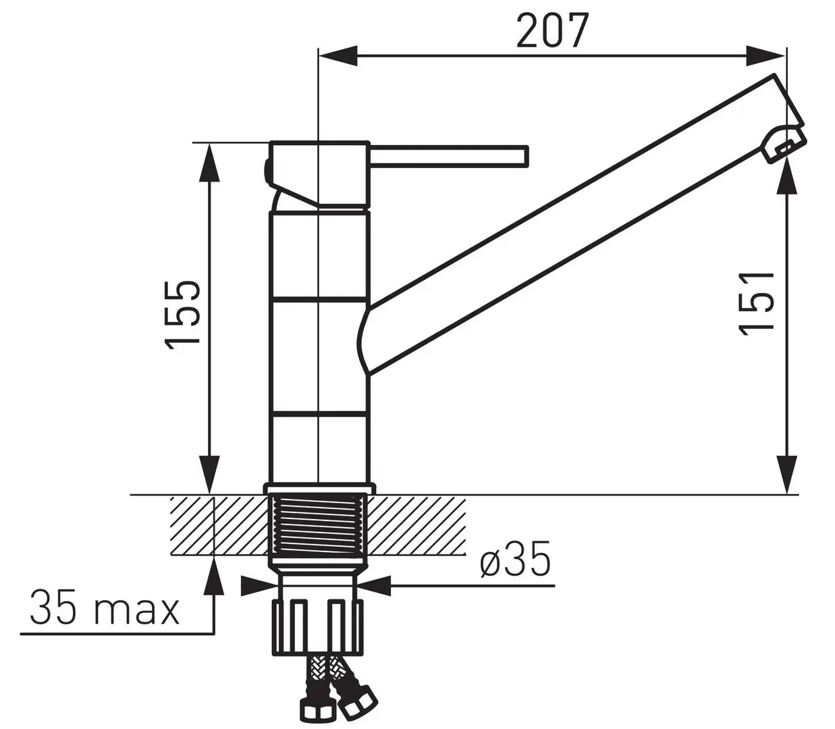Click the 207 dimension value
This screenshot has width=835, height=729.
552,31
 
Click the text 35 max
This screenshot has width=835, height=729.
105,608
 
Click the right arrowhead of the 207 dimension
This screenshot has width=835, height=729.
767,56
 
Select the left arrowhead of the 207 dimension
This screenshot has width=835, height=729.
337,56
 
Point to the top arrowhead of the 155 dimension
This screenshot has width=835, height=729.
210,162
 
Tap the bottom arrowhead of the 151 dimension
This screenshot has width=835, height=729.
787,475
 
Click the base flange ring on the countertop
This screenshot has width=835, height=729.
319,489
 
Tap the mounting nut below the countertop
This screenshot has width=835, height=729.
318,627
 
